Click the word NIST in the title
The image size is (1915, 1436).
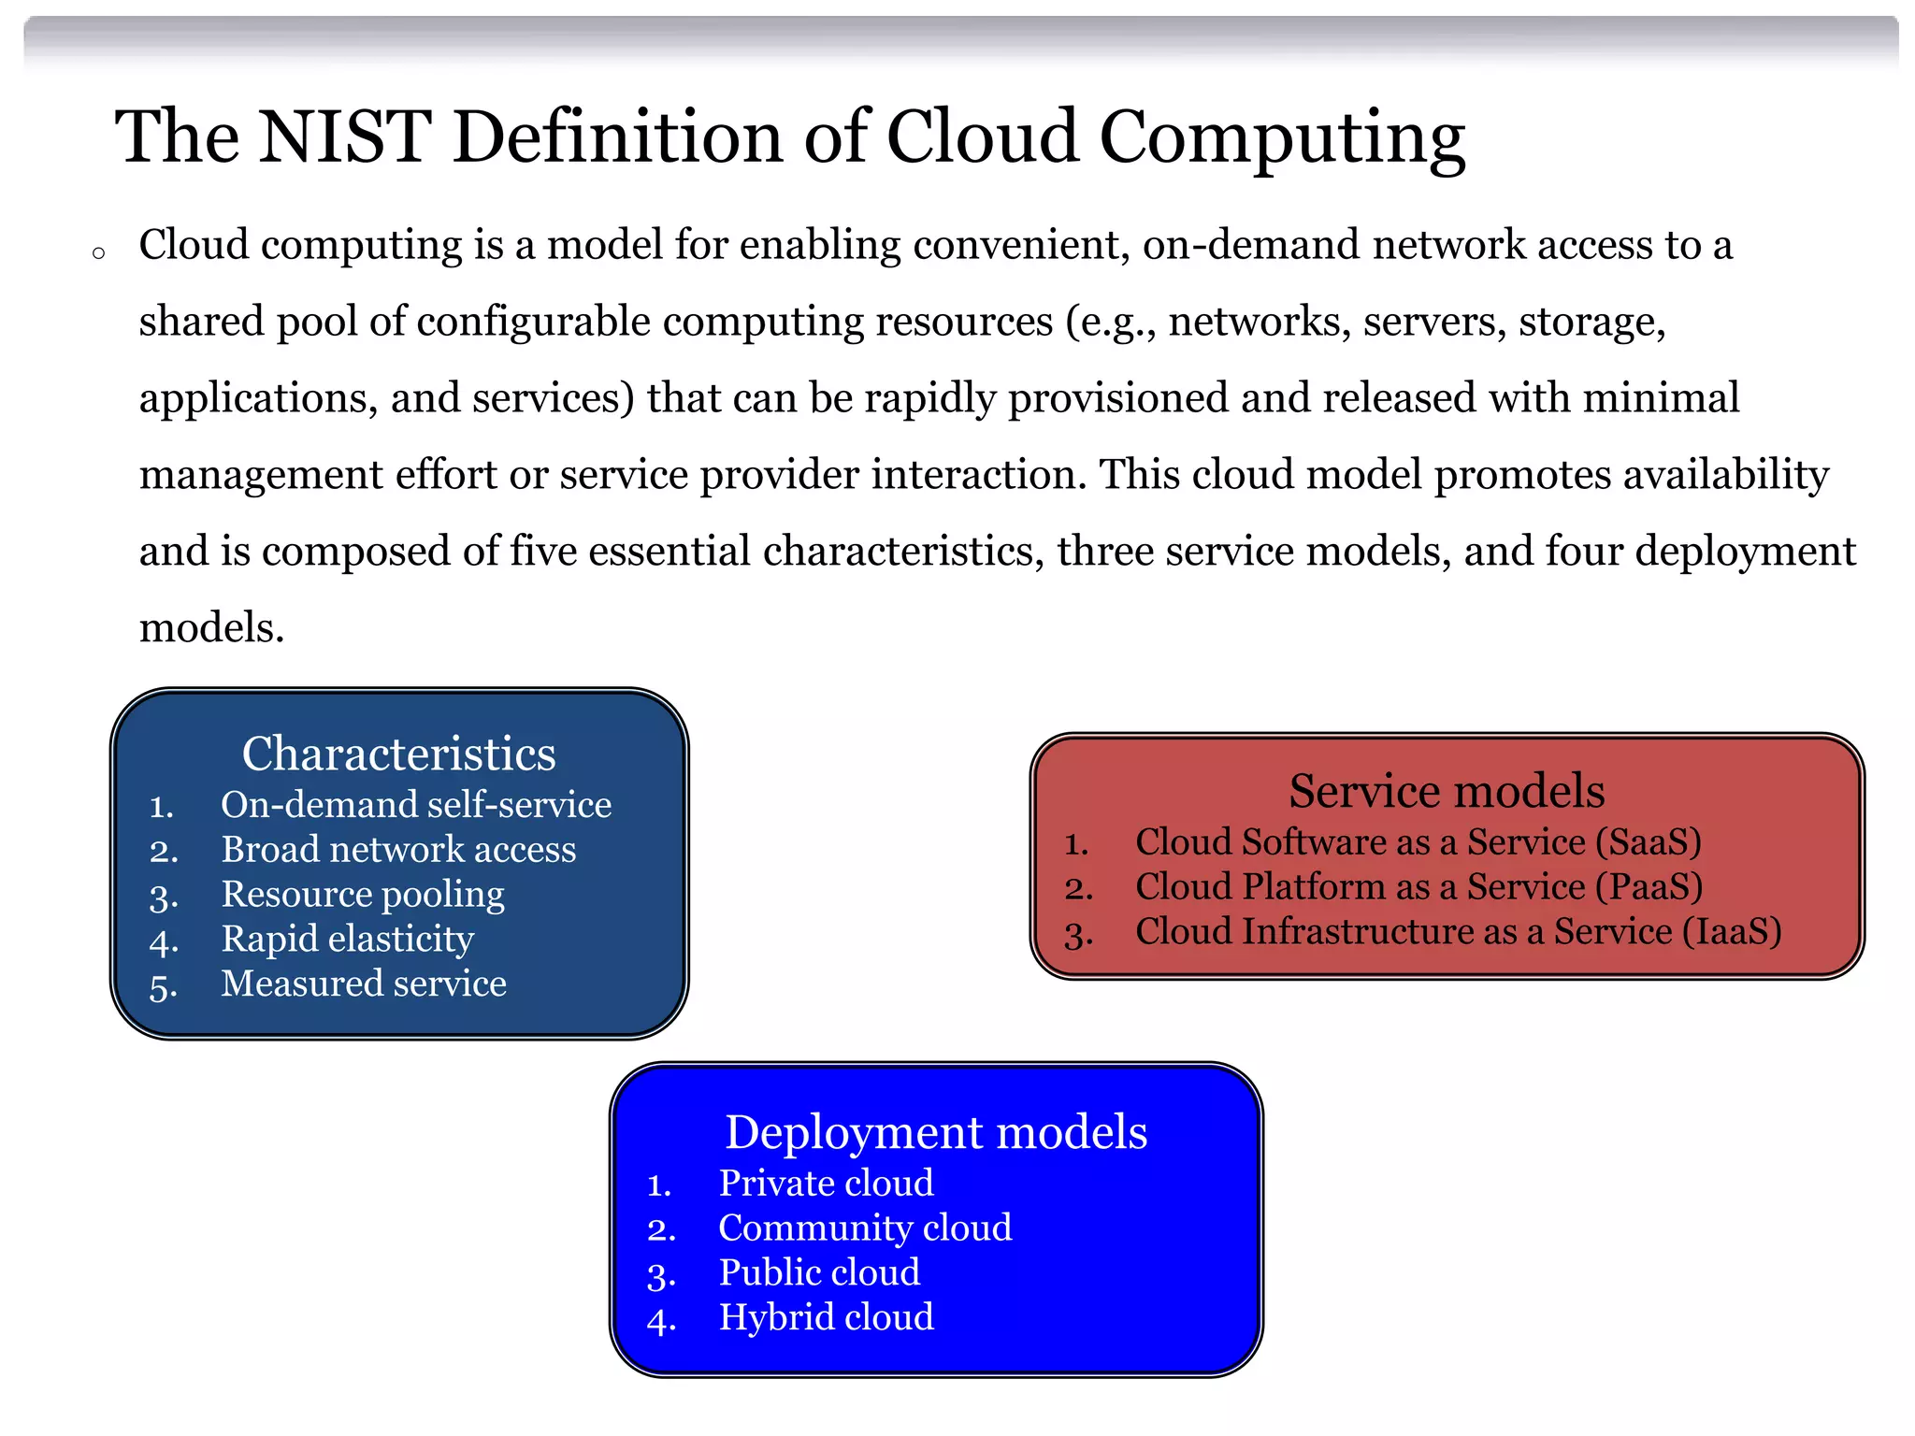(344, 137)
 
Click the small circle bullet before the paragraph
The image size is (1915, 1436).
(98, 252)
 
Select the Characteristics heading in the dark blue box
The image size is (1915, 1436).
(398, 754)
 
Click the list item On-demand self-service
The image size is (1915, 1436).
(415, 805)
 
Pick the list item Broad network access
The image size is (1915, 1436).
(398, 850)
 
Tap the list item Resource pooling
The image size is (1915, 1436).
(363, 895)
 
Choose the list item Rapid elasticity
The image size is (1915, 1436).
(347, 939)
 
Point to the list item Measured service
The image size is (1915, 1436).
(363, 984)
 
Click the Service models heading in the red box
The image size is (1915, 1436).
(1446, 791)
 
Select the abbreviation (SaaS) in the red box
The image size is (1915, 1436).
(1648, 842)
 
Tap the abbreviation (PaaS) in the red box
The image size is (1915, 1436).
(1649, 887)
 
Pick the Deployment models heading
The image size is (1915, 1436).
(936, 1132)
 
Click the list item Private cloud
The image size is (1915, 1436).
(826, 1184)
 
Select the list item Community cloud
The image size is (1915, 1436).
(865, 1228)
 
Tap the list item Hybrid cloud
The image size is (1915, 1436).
(826, 1317)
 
